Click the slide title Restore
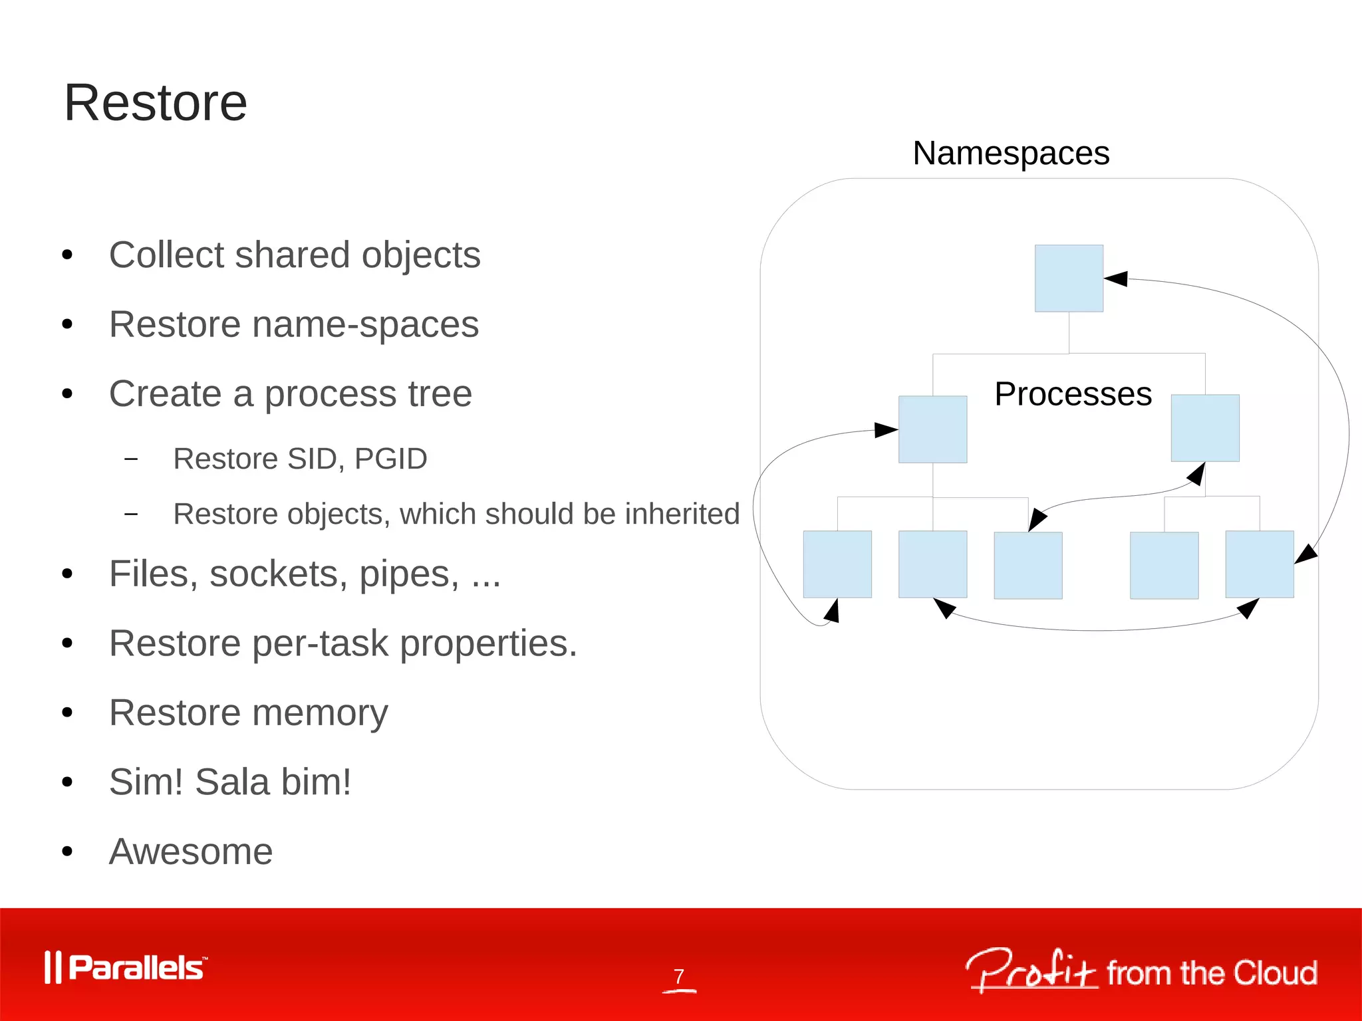coord(156,103)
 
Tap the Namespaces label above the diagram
coord(1011,154)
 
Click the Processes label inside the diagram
coord(1073,394)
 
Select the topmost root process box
coord(1069,278)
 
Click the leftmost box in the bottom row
coord(837,564)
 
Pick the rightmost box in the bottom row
coord(1260,564)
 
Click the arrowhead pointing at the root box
coord(1116,279)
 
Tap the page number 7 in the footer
coord(678,976)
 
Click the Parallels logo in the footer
coord(126,968)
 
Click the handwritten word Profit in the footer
coord(1031,971)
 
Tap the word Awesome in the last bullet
coord(191,851)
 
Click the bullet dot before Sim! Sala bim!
coord(67,782)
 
